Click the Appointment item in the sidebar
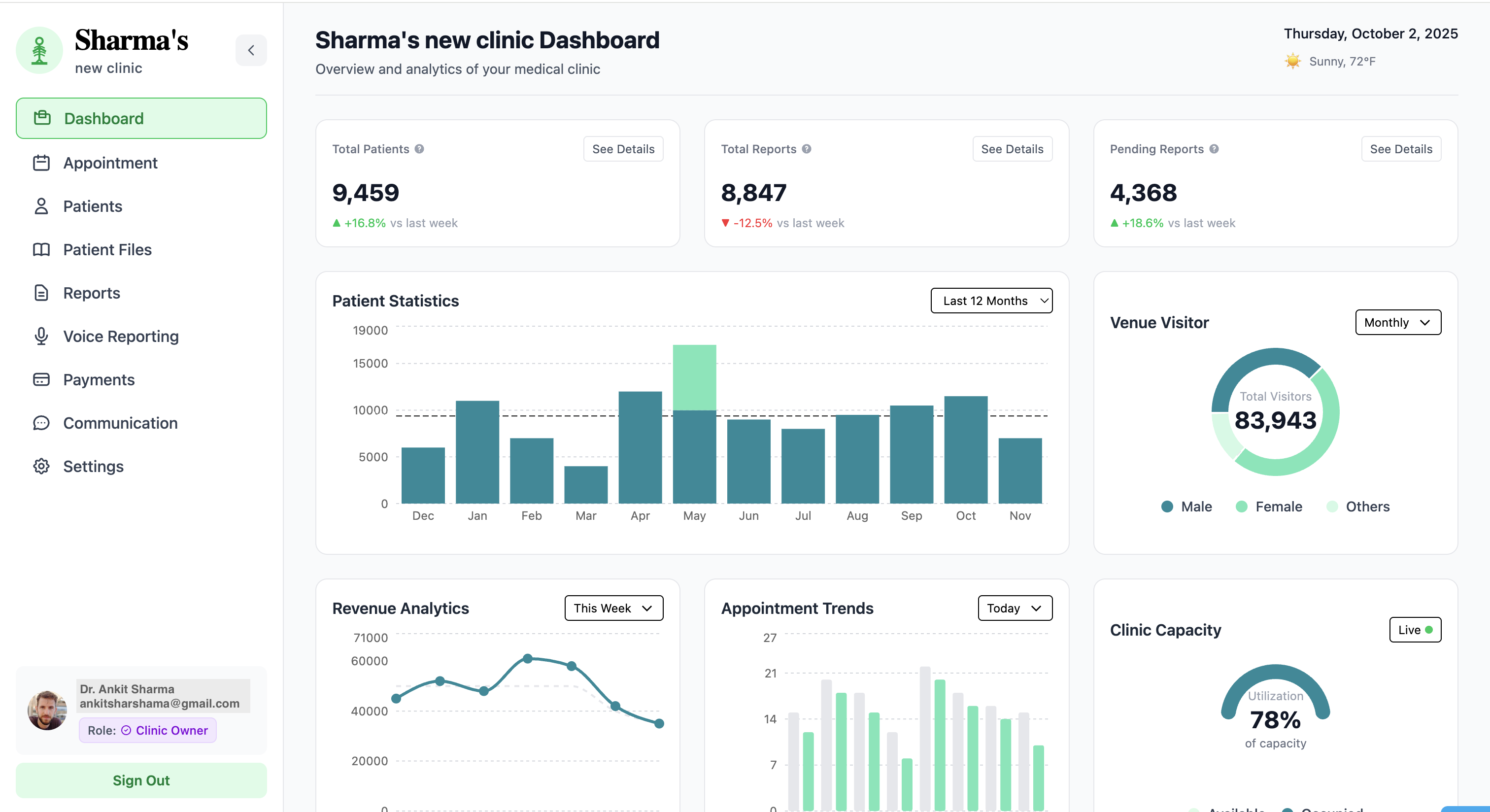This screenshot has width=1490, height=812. (110, 163)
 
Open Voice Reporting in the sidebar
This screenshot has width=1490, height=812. (120, 337)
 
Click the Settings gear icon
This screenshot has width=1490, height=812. (41, 466)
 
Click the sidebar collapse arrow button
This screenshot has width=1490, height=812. (251, 50)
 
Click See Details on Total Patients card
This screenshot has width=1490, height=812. (623, 149)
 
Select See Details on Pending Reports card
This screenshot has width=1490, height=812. (1400, 149)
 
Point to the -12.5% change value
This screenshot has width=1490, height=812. (752, 223)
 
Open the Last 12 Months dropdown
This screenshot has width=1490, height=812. (991, 301)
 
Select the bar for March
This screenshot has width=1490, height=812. (585, 485)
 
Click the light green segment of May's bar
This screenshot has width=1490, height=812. (694, 377)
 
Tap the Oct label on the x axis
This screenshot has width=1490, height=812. (965, 516)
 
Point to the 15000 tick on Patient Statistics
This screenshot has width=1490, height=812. (370, 364)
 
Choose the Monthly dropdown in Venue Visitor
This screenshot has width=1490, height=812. (1397, 323)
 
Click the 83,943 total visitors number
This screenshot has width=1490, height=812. (1275, 420)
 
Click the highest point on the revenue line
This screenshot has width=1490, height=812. (528, 659)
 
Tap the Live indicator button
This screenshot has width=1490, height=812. (1415, 630)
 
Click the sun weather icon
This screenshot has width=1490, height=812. (1293, 61)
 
